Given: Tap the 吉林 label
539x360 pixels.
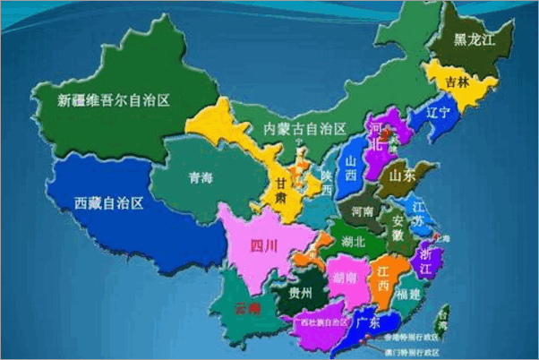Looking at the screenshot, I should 457,81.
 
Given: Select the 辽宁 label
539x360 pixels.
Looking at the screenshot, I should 440,113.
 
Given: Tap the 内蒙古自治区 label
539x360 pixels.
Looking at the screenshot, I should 304,129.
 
